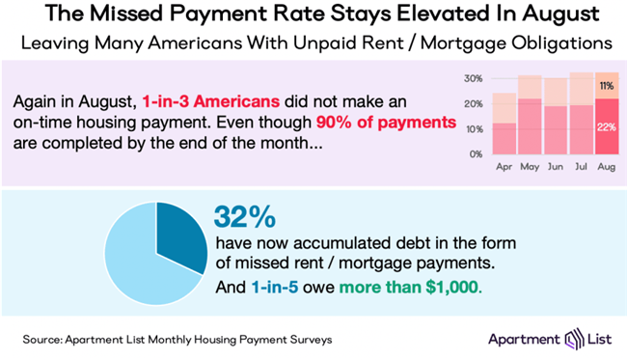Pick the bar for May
(530, 125)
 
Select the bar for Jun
(555, 129)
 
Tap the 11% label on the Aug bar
(607, 85)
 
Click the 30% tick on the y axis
(472, 77)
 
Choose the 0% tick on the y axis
(475, 153)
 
